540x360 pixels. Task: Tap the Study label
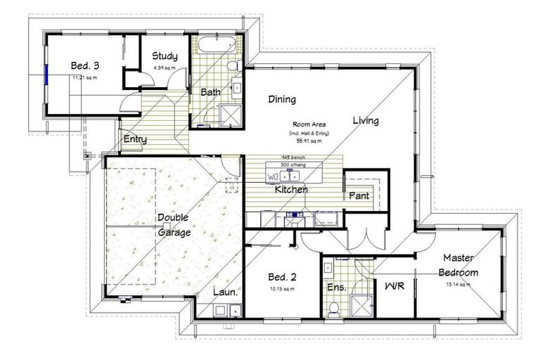click(165, 56)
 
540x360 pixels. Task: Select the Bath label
click(211, 92)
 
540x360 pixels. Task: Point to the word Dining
click(282, 99)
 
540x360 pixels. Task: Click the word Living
click(366, 120)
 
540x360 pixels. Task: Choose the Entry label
click(135, 139)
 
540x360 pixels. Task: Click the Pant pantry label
click(359, 195)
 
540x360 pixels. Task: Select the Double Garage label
click(173, 225)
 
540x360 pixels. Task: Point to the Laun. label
click(225, 292)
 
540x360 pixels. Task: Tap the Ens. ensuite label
click(335, 287)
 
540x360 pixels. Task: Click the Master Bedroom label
click(458, 265)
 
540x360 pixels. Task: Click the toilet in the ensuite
click(335, 307)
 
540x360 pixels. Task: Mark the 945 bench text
click(292, 157)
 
